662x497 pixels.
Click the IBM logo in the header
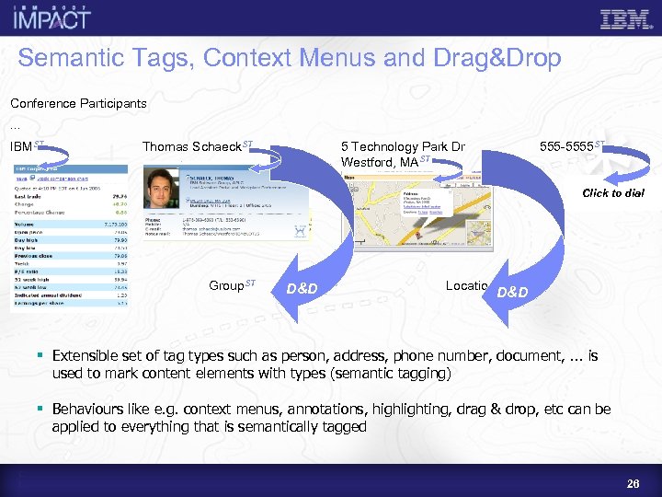pyautogui.click(x=625, y=18)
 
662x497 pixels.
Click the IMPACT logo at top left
pyautogui.click(x=51, y=17)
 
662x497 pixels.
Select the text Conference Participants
pyautogui.click(x=78, y=103)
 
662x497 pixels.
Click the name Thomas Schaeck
pyautogui.click(x=192, y=147)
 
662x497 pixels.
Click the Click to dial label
pyautogui.click(x=613, y=193)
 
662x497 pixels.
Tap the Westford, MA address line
pyautogui.click(x=381, y=163)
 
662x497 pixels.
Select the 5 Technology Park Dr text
pyautogui.click(x=403, y=147)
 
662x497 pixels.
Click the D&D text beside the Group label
pyautogui.click(x=302, y=289)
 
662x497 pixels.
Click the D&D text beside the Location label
pyautogui.click(x=512, y=293)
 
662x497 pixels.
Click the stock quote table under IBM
pyautogui.click(x=69, y=239)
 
